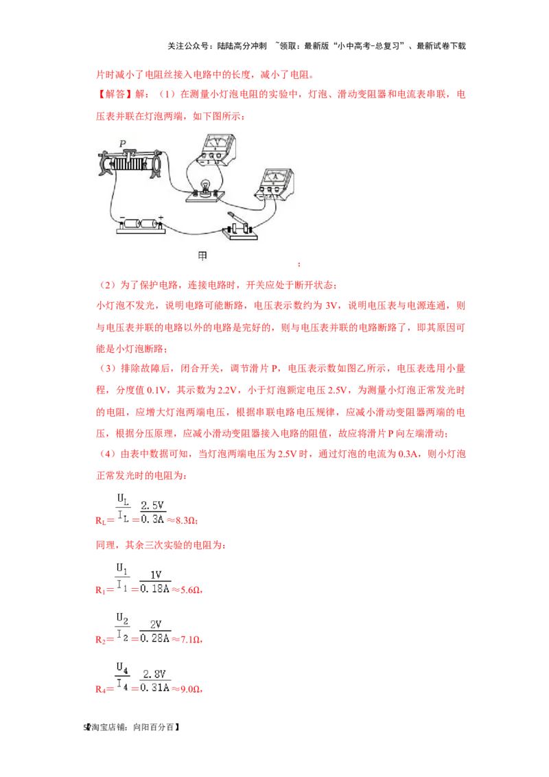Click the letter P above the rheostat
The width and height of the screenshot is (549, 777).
click(x=122, y=143)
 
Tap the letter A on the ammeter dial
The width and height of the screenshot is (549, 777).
click(x=275, y=176)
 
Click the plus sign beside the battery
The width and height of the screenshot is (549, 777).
click(x=161, y=217)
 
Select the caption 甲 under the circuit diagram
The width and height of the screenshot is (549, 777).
click(x=202, y=256)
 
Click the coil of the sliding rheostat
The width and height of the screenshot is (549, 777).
click(x=128, y=163)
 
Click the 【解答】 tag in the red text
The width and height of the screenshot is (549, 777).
click(x=114, y=94)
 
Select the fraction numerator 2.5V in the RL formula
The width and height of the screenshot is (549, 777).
click(x=152, y=505)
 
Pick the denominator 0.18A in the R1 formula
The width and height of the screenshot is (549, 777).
click(x=154, y=589)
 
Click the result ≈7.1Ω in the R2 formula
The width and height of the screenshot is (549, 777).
click(x=187, y=639)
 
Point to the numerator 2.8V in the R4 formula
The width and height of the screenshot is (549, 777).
click(x=154, y=674)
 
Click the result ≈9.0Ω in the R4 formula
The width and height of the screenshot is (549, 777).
click(x=187, y=688)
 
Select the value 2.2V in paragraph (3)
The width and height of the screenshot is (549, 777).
click(x=227, y=390)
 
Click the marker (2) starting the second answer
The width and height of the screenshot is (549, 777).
click(x=107, y=285)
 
